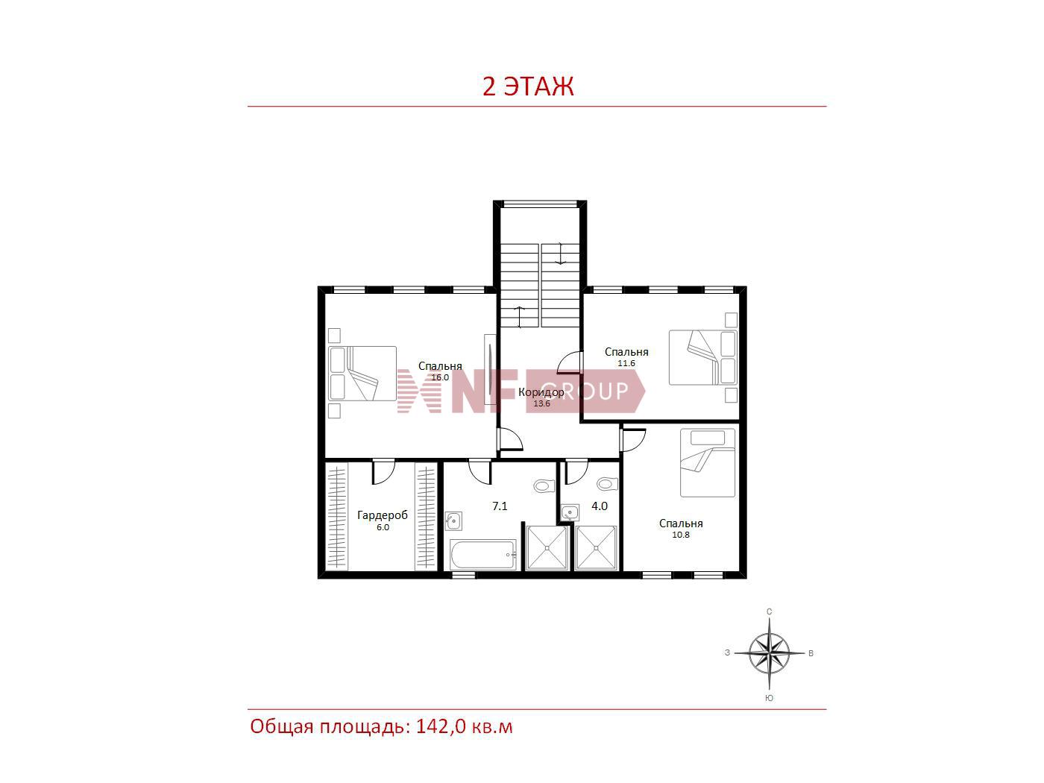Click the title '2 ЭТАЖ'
[528, 87]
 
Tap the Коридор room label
[541, 392]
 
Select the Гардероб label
[383, 515]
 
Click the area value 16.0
[440, 377]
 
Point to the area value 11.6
[626, 363]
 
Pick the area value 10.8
[681, 535]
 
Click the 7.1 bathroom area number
[500, 506]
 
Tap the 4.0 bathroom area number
[600, 506]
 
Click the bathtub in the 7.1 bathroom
[482, 555]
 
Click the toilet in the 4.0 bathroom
[607, 484]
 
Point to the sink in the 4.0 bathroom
[570, 512]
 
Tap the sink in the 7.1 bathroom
[453, 521]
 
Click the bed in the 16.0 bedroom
[362, 373]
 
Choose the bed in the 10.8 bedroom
[708, 463]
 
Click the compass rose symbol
[769, 652]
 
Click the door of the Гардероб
[383, 471]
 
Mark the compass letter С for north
[769, 611]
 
